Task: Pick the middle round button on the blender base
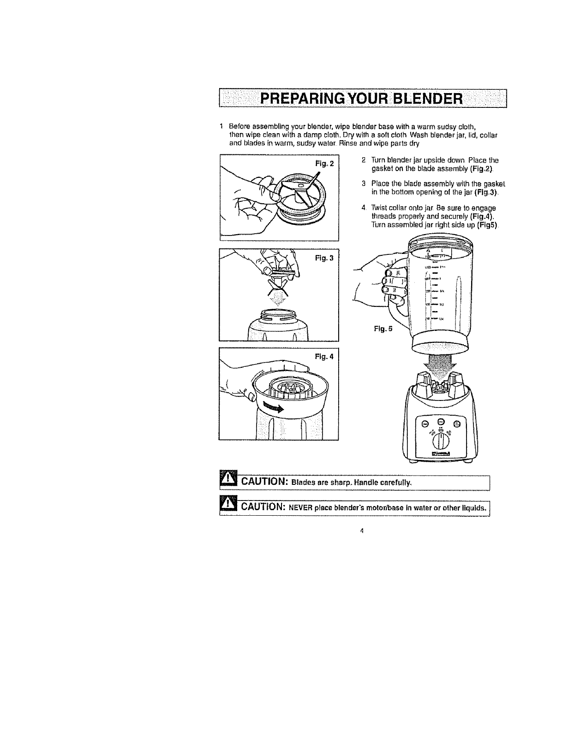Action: pyautogui.click(x=441, y=421)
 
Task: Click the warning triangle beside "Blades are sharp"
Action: pyautogui.click(x=227, y=480)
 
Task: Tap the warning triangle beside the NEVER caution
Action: pyautogui.click(x=227, y=506)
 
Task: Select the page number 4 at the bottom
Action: pyautogui.click(x=362, y=531)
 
